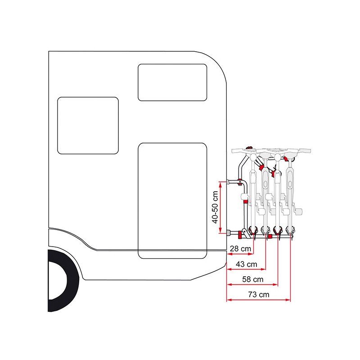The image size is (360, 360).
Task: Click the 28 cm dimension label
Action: [x=240, y=249]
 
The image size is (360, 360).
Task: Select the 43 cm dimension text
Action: [x=246, y=264]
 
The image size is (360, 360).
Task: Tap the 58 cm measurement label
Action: [x=253, y=279]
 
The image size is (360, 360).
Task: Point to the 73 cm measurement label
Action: [x=259, y=295]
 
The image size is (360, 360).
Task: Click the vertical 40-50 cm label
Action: [x=215, y=207]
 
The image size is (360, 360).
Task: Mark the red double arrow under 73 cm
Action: [x=258, y=300]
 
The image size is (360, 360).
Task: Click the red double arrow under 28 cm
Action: [x=240, y=254]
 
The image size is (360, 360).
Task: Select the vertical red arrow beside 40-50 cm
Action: [x=220, y=207]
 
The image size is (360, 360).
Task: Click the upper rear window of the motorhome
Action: [x=172, y=82]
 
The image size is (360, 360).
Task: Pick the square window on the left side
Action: [x=88, y=126]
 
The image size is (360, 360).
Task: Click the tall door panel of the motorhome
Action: [x=172, y=201]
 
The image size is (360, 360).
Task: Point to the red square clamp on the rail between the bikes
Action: [x=270, y=236]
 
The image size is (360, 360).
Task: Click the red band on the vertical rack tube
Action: [x=245, y=202]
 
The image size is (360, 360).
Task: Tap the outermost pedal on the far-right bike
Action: [x=299, y=211]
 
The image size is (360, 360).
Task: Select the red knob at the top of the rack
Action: [x=250, y=148]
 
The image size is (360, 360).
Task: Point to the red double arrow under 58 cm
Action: [x=252, y=284]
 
